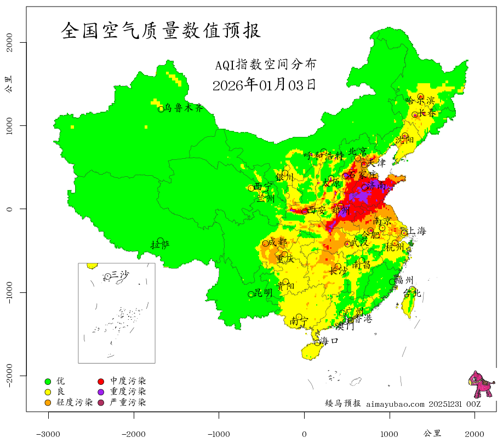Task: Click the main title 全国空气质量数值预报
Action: pyautogui.click(x=161, y=30)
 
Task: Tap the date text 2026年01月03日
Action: pyautogui.click(x=264, y=85)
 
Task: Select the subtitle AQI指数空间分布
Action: pyautogui.click(x=265, y=65)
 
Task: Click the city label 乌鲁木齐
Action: pyautogui.click(x=184, y=108)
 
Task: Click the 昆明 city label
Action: pyautogui.click(x=264, y=293)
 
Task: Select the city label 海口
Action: pyautogui.click(x=329, y=341)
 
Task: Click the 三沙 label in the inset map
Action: pyautogui.click(x=120, y=274)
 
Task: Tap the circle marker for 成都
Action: pyautogui.click(x=265, y=243)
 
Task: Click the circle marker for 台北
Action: pyautogui.click(x=412, y=289)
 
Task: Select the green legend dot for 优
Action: pyautogui.click(x=48, y=381)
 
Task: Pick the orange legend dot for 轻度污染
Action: pyautogui.click(x=48, y=403)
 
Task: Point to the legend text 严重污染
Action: pyautogui.click(x=128, y=402)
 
